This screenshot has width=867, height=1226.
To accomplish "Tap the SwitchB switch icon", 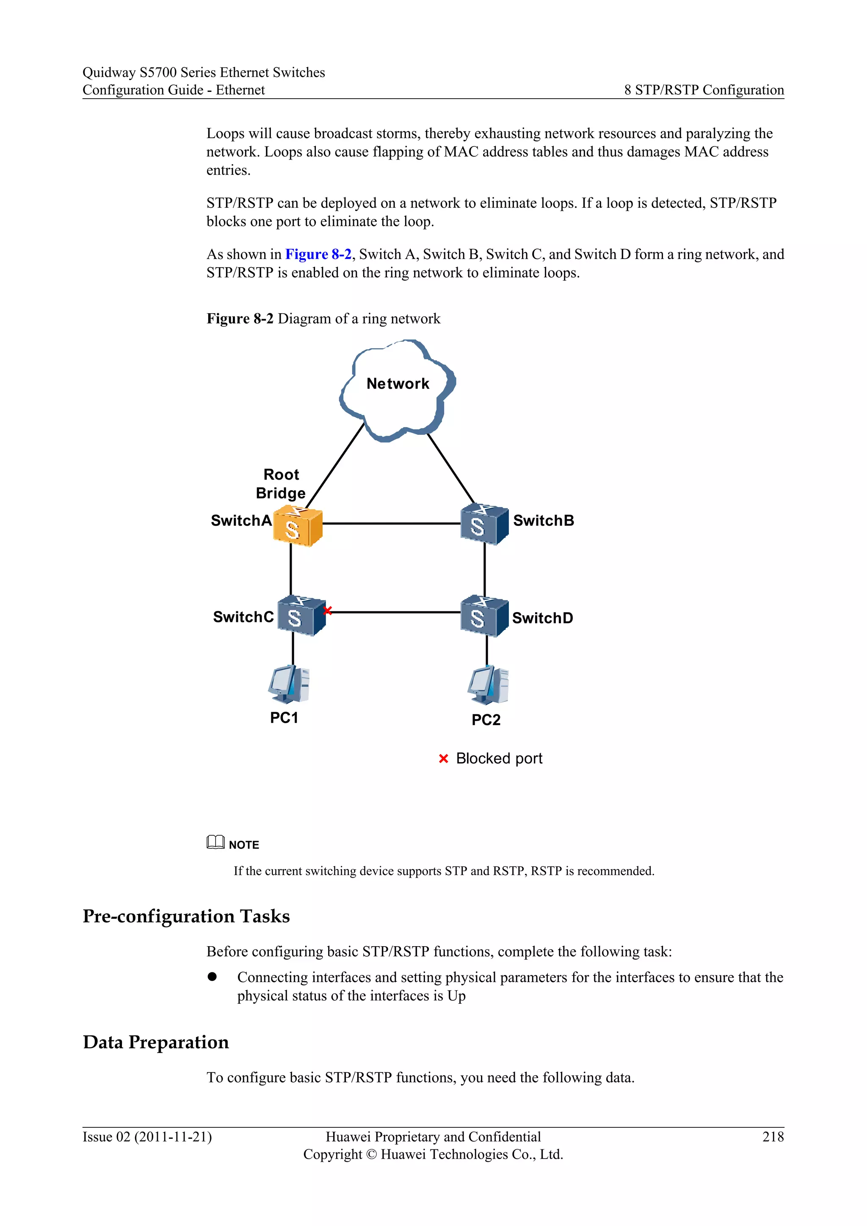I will click(484, 525).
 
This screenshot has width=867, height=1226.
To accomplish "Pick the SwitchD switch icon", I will click(484, 616).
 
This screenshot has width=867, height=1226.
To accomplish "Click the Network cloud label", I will click(398, 384).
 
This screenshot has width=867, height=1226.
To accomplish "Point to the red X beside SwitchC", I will click(328, 610).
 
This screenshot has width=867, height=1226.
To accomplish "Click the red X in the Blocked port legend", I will click(443, 759).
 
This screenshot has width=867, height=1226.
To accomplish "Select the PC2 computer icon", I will click(488, 685).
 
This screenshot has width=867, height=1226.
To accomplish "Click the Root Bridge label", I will click(281, 484).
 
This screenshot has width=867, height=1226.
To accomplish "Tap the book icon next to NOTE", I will click(215, 842).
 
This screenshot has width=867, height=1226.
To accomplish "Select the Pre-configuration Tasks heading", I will click(186, 916).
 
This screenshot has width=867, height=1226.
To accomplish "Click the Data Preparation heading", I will click(156, 1042).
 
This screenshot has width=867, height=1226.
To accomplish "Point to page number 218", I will click(773, 1137).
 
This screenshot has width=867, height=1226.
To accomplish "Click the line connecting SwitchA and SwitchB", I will click(391, 523).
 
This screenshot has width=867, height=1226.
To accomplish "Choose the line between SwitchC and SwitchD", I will click(395, 612).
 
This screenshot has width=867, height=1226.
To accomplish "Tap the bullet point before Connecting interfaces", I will click(213, 977).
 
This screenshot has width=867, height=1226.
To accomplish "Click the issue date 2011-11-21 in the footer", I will click(173, 1137).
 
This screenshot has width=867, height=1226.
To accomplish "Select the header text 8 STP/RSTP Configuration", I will click(704, 90).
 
